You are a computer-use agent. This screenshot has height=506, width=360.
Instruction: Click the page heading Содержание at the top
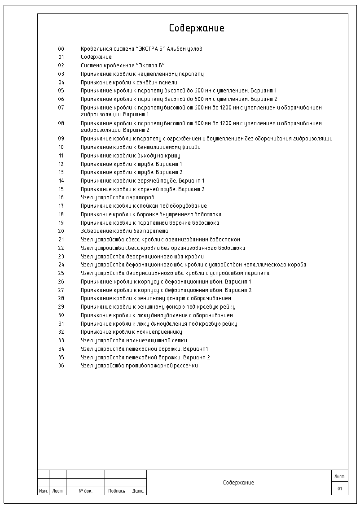[x=197, y=28]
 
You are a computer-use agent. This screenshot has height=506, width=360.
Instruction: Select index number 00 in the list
[x=61, y=49]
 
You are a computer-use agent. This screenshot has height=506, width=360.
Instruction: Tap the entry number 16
[x=61, y=197]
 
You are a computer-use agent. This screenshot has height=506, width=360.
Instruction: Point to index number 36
[x=61, y=366]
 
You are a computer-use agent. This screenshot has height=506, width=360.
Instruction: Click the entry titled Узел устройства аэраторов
[x=118, y=197]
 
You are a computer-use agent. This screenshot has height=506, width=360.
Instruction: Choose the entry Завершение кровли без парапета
[x=124, y=231]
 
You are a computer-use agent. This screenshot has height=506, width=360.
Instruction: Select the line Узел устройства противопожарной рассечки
[x=139, y=366]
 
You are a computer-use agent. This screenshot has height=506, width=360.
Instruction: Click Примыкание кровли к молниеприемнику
[x=131, y=332]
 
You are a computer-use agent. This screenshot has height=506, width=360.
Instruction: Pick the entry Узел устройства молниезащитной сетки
[x=134, y=340]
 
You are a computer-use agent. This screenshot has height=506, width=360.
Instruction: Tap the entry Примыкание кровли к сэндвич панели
[x=129, y=83]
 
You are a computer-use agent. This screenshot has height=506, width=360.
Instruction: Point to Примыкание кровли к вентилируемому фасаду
[x=140, y=147]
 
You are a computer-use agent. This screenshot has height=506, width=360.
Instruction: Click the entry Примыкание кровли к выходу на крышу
[x=130, y=156]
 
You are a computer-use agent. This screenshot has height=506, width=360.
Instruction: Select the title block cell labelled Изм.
[x=43, y=491]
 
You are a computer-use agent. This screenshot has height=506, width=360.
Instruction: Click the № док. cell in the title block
[x=85, y=491]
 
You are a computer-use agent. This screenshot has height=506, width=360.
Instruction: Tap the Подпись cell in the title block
[x=117, y=491]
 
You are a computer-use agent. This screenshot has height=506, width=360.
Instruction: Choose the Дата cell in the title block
[x=138, y=491]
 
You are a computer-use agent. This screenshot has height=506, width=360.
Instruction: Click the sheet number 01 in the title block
[x=340, y=489]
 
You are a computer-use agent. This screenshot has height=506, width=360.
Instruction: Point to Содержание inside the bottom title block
[x=238, y=483]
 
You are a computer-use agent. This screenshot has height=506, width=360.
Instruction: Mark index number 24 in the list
[x=61, y=265]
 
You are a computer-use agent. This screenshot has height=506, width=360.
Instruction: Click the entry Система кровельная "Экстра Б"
[x=123, y=65]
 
